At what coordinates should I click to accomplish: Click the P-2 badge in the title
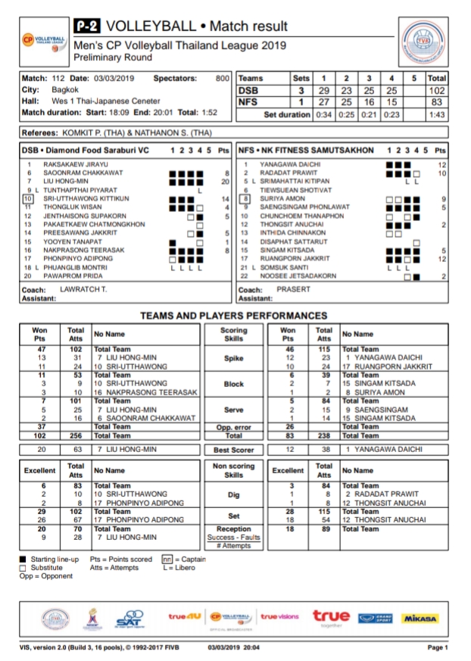pos(88,27)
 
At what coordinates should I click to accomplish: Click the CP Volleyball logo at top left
pos(42,39)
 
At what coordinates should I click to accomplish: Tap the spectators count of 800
pos(222,78)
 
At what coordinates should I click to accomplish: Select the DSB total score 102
pos(436,89)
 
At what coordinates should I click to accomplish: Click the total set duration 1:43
pos(436,114)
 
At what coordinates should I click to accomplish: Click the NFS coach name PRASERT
pos(293,289)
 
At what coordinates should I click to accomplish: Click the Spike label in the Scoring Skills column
pos(233,358)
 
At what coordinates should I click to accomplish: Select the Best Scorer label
pos(233,449)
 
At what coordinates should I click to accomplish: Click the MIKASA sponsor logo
pos(420,619)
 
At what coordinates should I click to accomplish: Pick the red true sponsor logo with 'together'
pos(331,617)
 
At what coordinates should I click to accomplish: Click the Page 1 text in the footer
pos(438,648)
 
